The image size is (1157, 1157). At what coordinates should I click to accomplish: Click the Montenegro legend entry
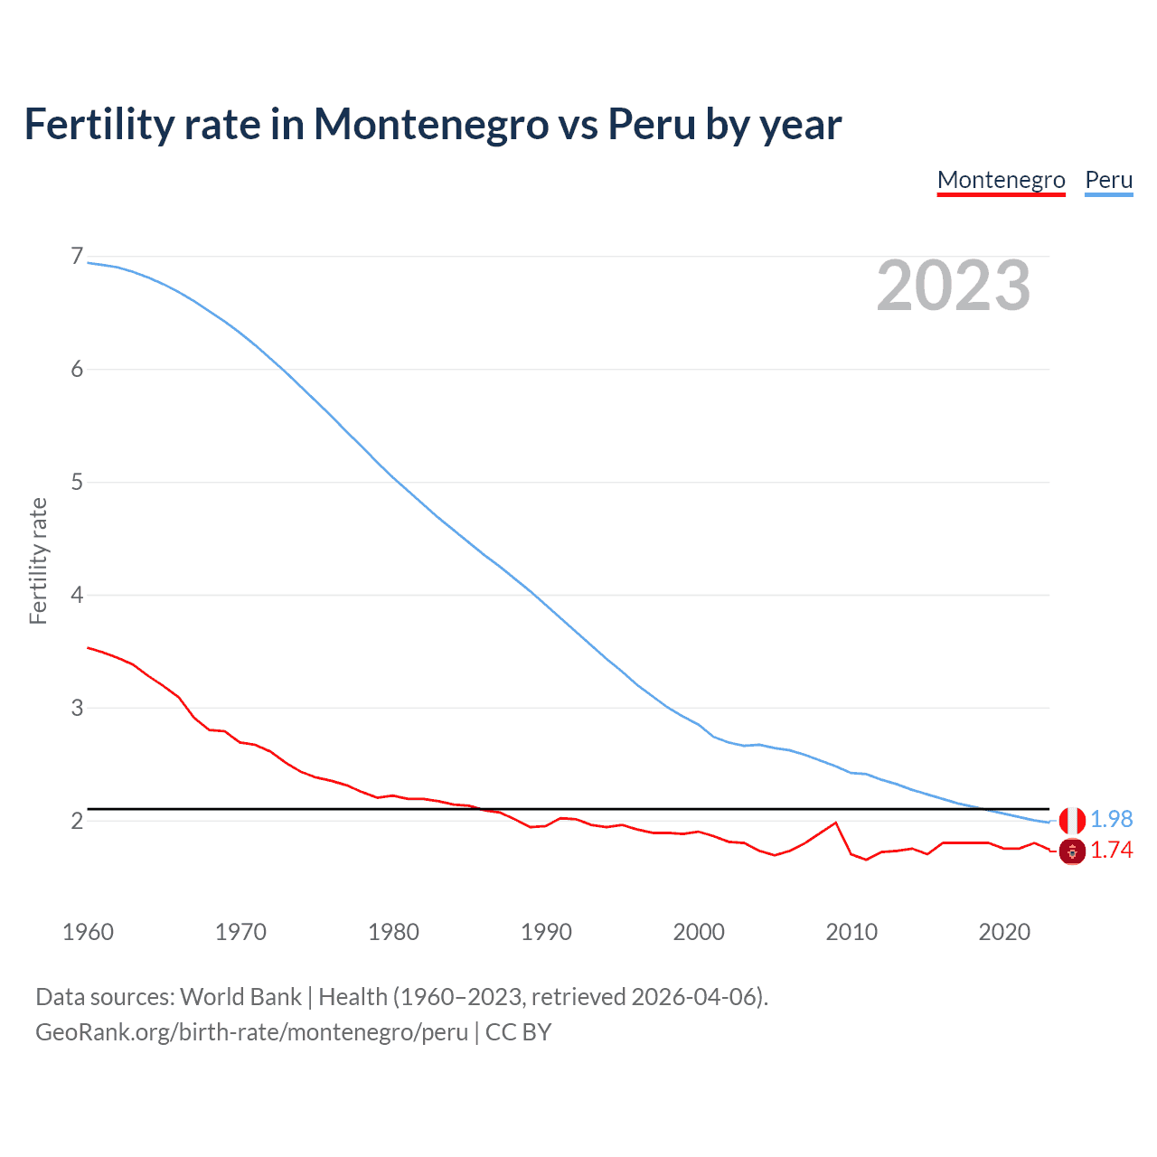[1001, 180]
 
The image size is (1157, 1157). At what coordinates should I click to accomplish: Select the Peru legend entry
[1108, 180]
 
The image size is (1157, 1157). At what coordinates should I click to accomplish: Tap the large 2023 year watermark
[954, 286]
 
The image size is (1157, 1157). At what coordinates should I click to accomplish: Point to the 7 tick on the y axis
[77, 257]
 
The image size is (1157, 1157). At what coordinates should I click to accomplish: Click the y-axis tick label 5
[77, 482]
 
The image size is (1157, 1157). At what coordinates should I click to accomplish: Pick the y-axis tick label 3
[77, 708]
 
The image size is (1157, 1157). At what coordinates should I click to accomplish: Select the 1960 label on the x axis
[88, 932]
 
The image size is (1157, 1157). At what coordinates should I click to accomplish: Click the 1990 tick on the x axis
[546, 932]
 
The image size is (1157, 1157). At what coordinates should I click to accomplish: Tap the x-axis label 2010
[851, 932]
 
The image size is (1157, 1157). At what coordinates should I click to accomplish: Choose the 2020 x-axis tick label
[1004, 932]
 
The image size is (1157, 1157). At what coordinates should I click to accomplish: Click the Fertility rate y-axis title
[38, 560]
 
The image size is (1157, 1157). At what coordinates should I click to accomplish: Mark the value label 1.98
[1111, 819]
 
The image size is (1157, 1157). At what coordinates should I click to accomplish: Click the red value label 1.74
[1111, 851]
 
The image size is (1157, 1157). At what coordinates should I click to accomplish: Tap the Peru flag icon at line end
[1072, 821]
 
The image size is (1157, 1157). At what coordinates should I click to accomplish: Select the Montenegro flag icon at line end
[1072, 851]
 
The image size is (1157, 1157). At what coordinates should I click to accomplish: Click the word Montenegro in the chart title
[430, 124]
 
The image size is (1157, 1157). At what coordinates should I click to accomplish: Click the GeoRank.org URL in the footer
[251, 1032]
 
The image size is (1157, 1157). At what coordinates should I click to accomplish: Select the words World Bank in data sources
[240, 997]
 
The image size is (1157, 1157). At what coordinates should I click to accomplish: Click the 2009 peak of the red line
[836, 823]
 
